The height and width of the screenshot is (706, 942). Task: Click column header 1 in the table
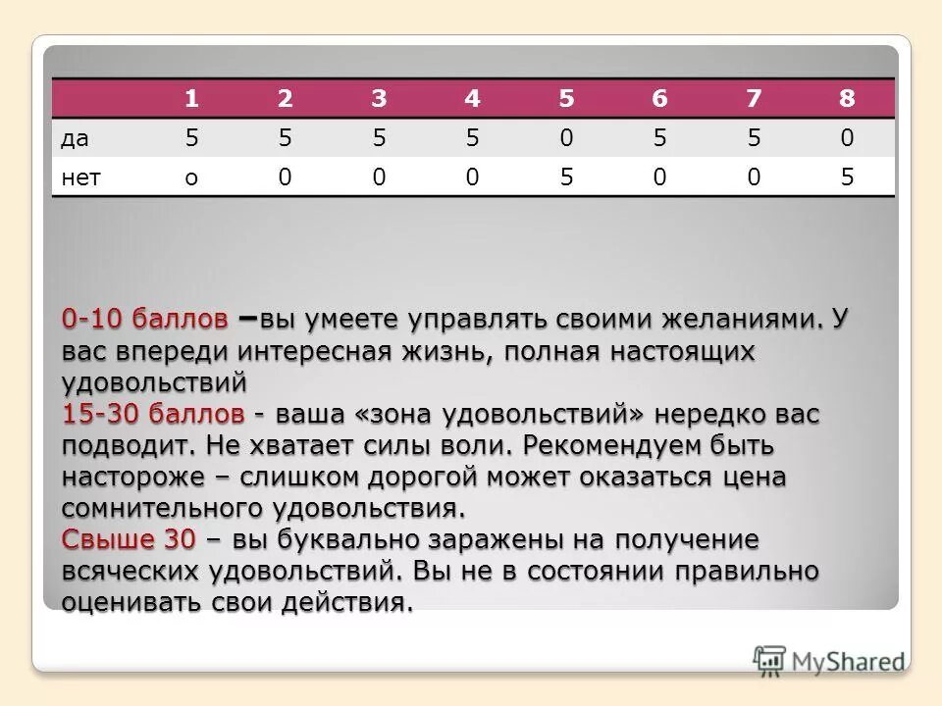click(x=191, y=99)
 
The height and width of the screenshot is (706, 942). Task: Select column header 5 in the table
click(x=566, y=99)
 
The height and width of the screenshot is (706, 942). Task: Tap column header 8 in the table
click(x=847, y=99)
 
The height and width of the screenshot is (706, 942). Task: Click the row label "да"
click(x=75, y=139)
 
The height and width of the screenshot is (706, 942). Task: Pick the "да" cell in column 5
click(x=566, y=138)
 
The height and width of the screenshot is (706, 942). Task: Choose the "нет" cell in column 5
click(x=566, y=177)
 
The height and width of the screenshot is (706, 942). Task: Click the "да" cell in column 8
click(x=847, y=138)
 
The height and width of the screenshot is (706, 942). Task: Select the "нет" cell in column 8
click(x=847, y=177)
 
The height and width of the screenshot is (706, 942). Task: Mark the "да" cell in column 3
click(x=378, y=138)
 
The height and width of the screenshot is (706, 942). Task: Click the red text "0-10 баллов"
click(x=145, y=320)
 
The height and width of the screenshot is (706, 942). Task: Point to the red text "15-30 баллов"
click(x=153, y=415)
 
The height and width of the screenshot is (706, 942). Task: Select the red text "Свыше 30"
click(x=129, y=540)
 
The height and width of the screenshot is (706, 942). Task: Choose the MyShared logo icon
click(x=769, y=660)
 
